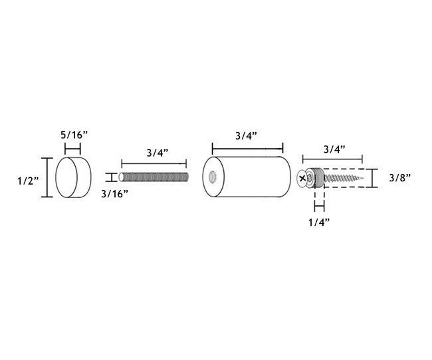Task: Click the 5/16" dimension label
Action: pyautogui.click(x=74, y=135)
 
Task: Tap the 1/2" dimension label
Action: pyautogui.click(x=29, y=181)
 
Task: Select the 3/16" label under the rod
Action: pyautogui.click(x=114, y=194)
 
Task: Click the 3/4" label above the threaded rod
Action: pyautogui.click(x=158, y=153)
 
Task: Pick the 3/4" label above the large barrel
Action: pyautogui.click(x=246, y=135)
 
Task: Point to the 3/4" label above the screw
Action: pyautogui.click(x=334, y=149)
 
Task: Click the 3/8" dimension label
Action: pyautogui.click(x=399, y=178)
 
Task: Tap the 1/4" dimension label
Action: pyautogui.click(x=319, y=223)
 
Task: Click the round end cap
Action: pyautogui.click(x=73, y=177)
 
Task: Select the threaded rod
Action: pyautogui.click(x=154, y=177)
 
